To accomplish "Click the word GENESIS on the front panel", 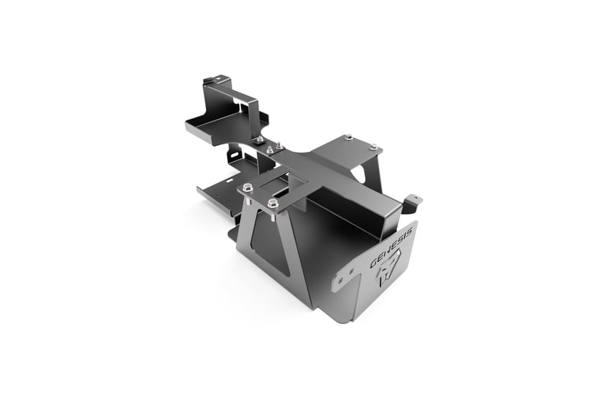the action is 392,247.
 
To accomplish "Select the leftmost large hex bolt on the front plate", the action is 248,187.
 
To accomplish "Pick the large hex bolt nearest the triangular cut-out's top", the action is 272,204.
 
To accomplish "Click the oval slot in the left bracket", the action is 235,155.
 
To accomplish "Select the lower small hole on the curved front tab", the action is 340,280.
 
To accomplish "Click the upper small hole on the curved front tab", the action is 351,271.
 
